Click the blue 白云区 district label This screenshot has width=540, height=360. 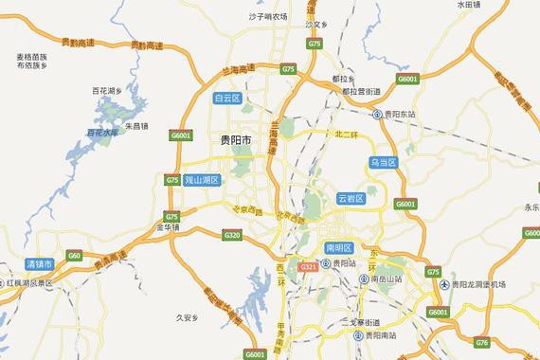[228, 98]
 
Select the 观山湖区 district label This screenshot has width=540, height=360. [200, 179]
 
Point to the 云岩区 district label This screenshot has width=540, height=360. [351, 198]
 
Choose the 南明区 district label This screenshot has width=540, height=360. [338, 248]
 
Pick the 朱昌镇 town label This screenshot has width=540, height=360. [138, 125]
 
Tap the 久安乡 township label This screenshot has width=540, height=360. [189, 318]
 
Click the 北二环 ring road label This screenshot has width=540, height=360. [347, 135]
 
